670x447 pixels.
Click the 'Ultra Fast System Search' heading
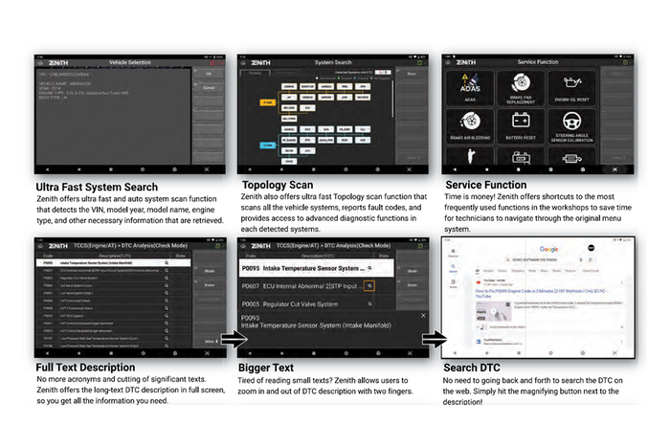(x=96, y=187)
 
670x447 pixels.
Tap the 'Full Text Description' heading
(x=85, y=367)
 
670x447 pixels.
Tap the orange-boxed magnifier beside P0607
(x=368, y=285)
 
